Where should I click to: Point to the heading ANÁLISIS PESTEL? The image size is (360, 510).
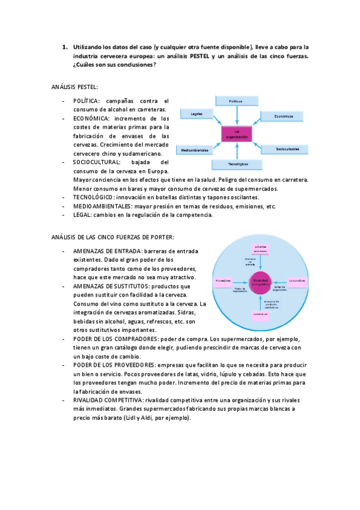(75, 87)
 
